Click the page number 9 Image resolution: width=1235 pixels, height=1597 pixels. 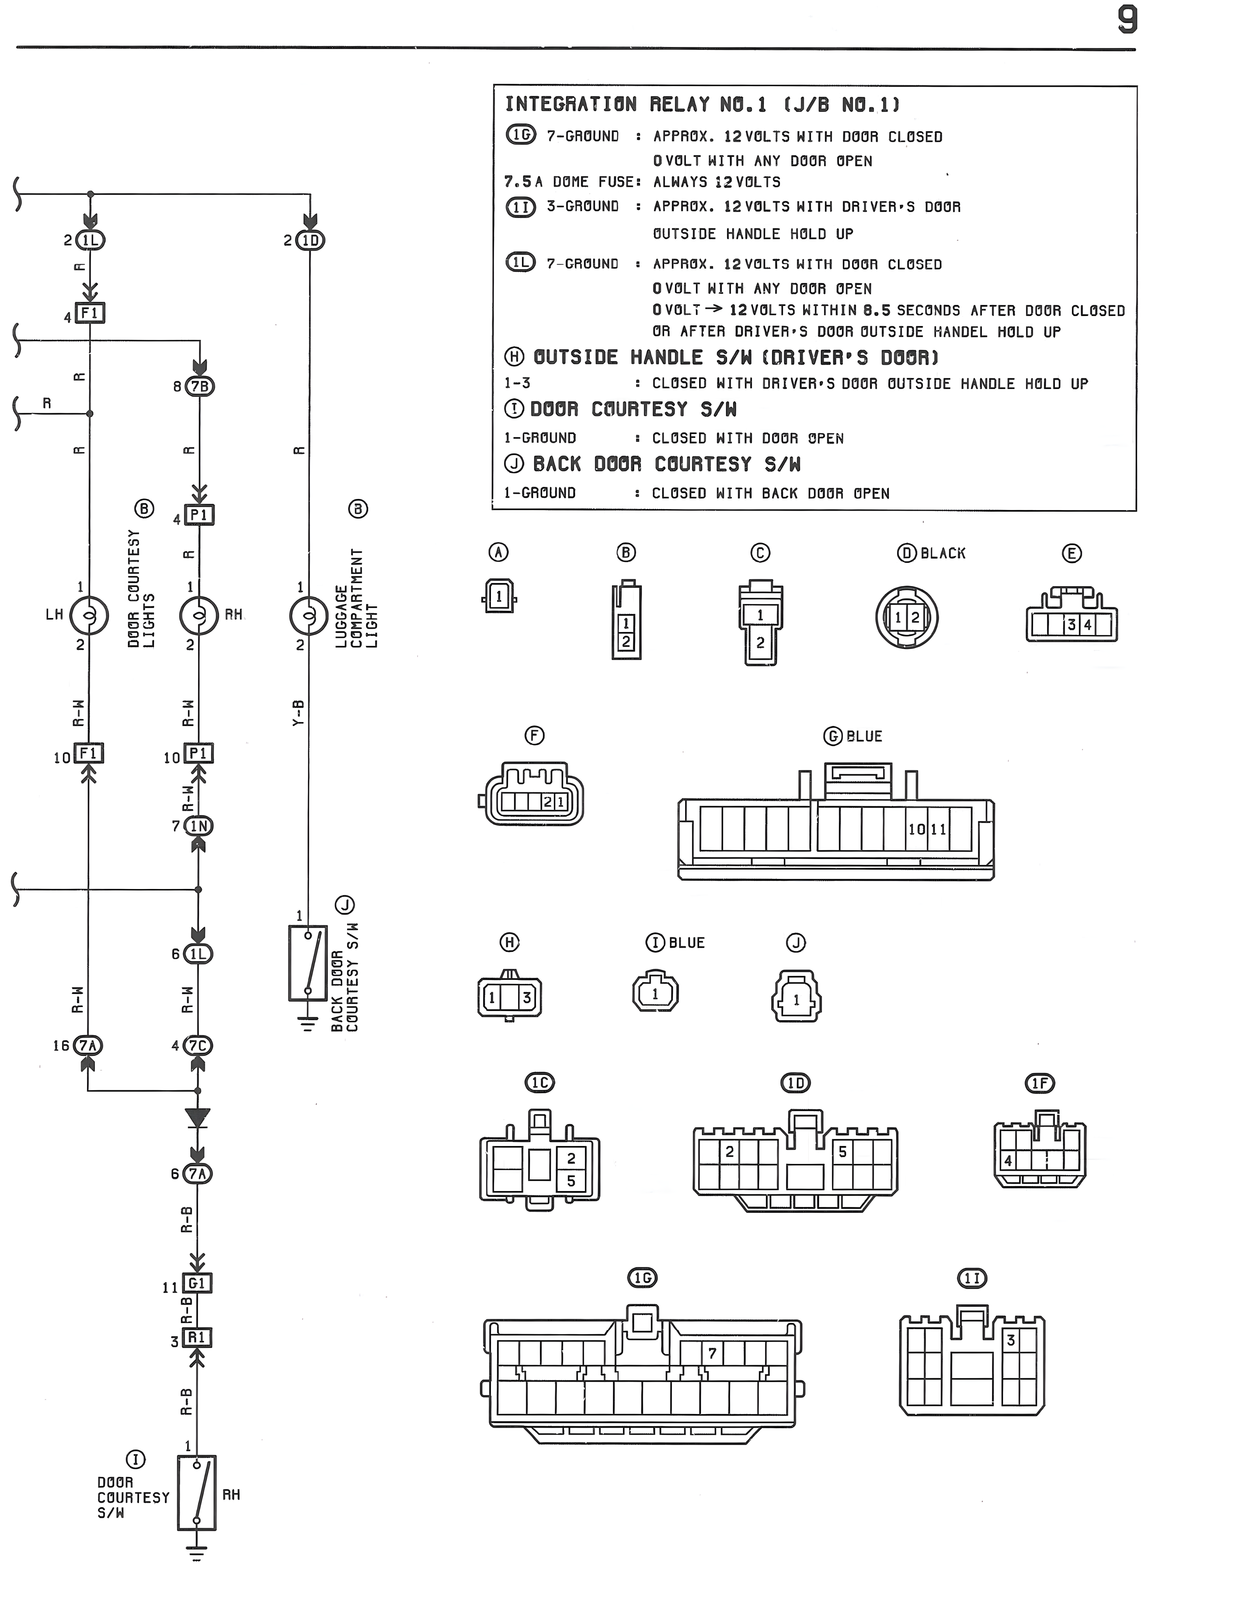[1127, 20]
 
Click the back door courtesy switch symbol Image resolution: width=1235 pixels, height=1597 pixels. [307, 963]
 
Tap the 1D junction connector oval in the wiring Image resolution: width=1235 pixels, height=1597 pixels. [310, 241]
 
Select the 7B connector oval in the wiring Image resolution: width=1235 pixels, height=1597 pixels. [200, 386]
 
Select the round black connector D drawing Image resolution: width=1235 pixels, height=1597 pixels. [906, 617]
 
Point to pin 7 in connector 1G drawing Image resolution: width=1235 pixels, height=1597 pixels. [712, 1353]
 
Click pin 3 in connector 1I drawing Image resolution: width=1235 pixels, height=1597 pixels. [1010, 1341]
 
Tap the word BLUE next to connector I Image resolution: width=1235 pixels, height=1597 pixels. [687, 943]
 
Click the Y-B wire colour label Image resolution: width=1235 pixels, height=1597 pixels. [299, 713]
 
